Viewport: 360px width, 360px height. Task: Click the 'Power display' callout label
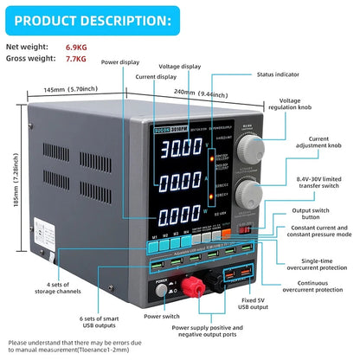(121, 62)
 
